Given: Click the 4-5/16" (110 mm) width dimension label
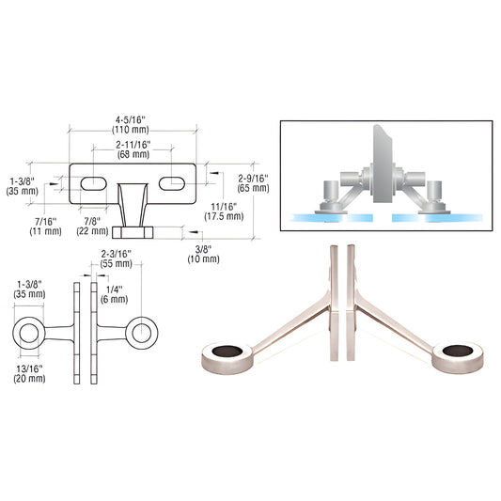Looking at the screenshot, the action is coord(131,125).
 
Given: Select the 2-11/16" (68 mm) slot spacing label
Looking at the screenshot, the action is coord(133,149).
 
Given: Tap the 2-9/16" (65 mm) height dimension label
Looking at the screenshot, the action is coord(253,183).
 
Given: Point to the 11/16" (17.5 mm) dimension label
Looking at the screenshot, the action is coord(224,211).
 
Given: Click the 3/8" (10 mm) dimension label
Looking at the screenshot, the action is coord(204,254).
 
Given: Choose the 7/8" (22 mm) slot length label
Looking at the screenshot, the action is coord(92,226).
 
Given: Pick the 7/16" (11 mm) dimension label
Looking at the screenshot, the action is coord(45,227).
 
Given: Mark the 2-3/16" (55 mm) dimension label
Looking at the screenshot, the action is coord(117,258).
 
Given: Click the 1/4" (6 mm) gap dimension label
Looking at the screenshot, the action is coord(114,294).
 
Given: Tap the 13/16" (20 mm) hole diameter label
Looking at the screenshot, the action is coord(29,374).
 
